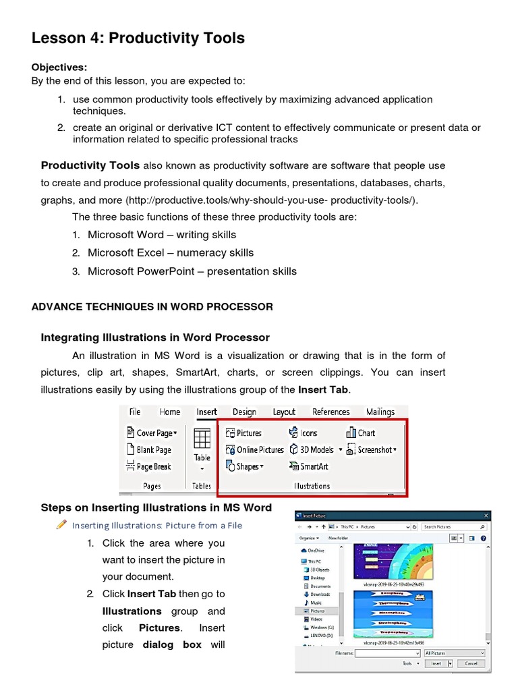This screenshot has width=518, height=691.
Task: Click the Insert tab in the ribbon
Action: pos(206,412)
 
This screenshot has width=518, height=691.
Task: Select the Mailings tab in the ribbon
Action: pos(380,412)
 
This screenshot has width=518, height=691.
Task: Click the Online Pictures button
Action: pos(254,449)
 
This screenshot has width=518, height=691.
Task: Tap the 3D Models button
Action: pos(312,449)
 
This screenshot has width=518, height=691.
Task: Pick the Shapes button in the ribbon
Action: pos(245,466)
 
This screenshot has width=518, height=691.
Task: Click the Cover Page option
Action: pos(152,433)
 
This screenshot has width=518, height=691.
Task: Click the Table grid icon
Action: pos(202,439)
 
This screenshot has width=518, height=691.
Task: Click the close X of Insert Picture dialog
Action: pos(485,516)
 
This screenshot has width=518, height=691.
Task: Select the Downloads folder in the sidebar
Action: pos(320,595)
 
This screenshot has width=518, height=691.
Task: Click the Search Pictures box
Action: pos(451,526)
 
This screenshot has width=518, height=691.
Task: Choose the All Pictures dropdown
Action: pos(454,653)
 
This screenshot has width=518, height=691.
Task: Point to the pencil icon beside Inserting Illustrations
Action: pos(62,524)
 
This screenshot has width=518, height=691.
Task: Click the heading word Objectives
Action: pos(59,67)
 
